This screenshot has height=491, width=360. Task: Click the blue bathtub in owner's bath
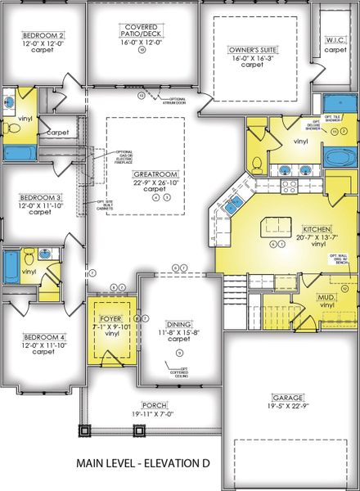point(335,156)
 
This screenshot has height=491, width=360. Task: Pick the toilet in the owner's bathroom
point(256,160)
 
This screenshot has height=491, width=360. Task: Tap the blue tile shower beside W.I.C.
point(335,105)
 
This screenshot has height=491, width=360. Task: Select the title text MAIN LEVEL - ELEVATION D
point(143,463)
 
